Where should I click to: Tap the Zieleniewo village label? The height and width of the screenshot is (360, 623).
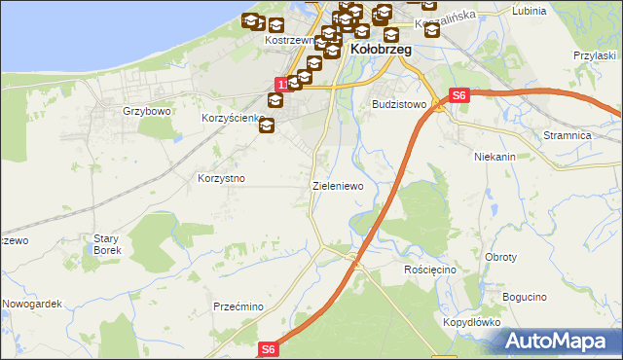337,185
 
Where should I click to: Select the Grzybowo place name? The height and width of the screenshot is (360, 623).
147,112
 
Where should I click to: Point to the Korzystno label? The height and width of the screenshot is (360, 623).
221,179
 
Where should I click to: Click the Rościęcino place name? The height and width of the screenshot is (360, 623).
429,269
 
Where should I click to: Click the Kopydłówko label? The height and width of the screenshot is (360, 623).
470,321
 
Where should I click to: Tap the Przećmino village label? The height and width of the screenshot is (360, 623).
239,306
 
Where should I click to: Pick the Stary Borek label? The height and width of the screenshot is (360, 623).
105,243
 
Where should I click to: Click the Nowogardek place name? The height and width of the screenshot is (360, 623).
32,304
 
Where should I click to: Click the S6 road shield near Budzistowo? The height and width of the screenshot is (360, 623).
460,95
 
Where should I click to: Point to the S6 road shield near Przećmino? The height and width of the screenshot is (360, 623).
270,348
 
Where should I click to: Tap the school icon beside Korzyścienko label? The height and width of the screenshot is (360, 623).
268,126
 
